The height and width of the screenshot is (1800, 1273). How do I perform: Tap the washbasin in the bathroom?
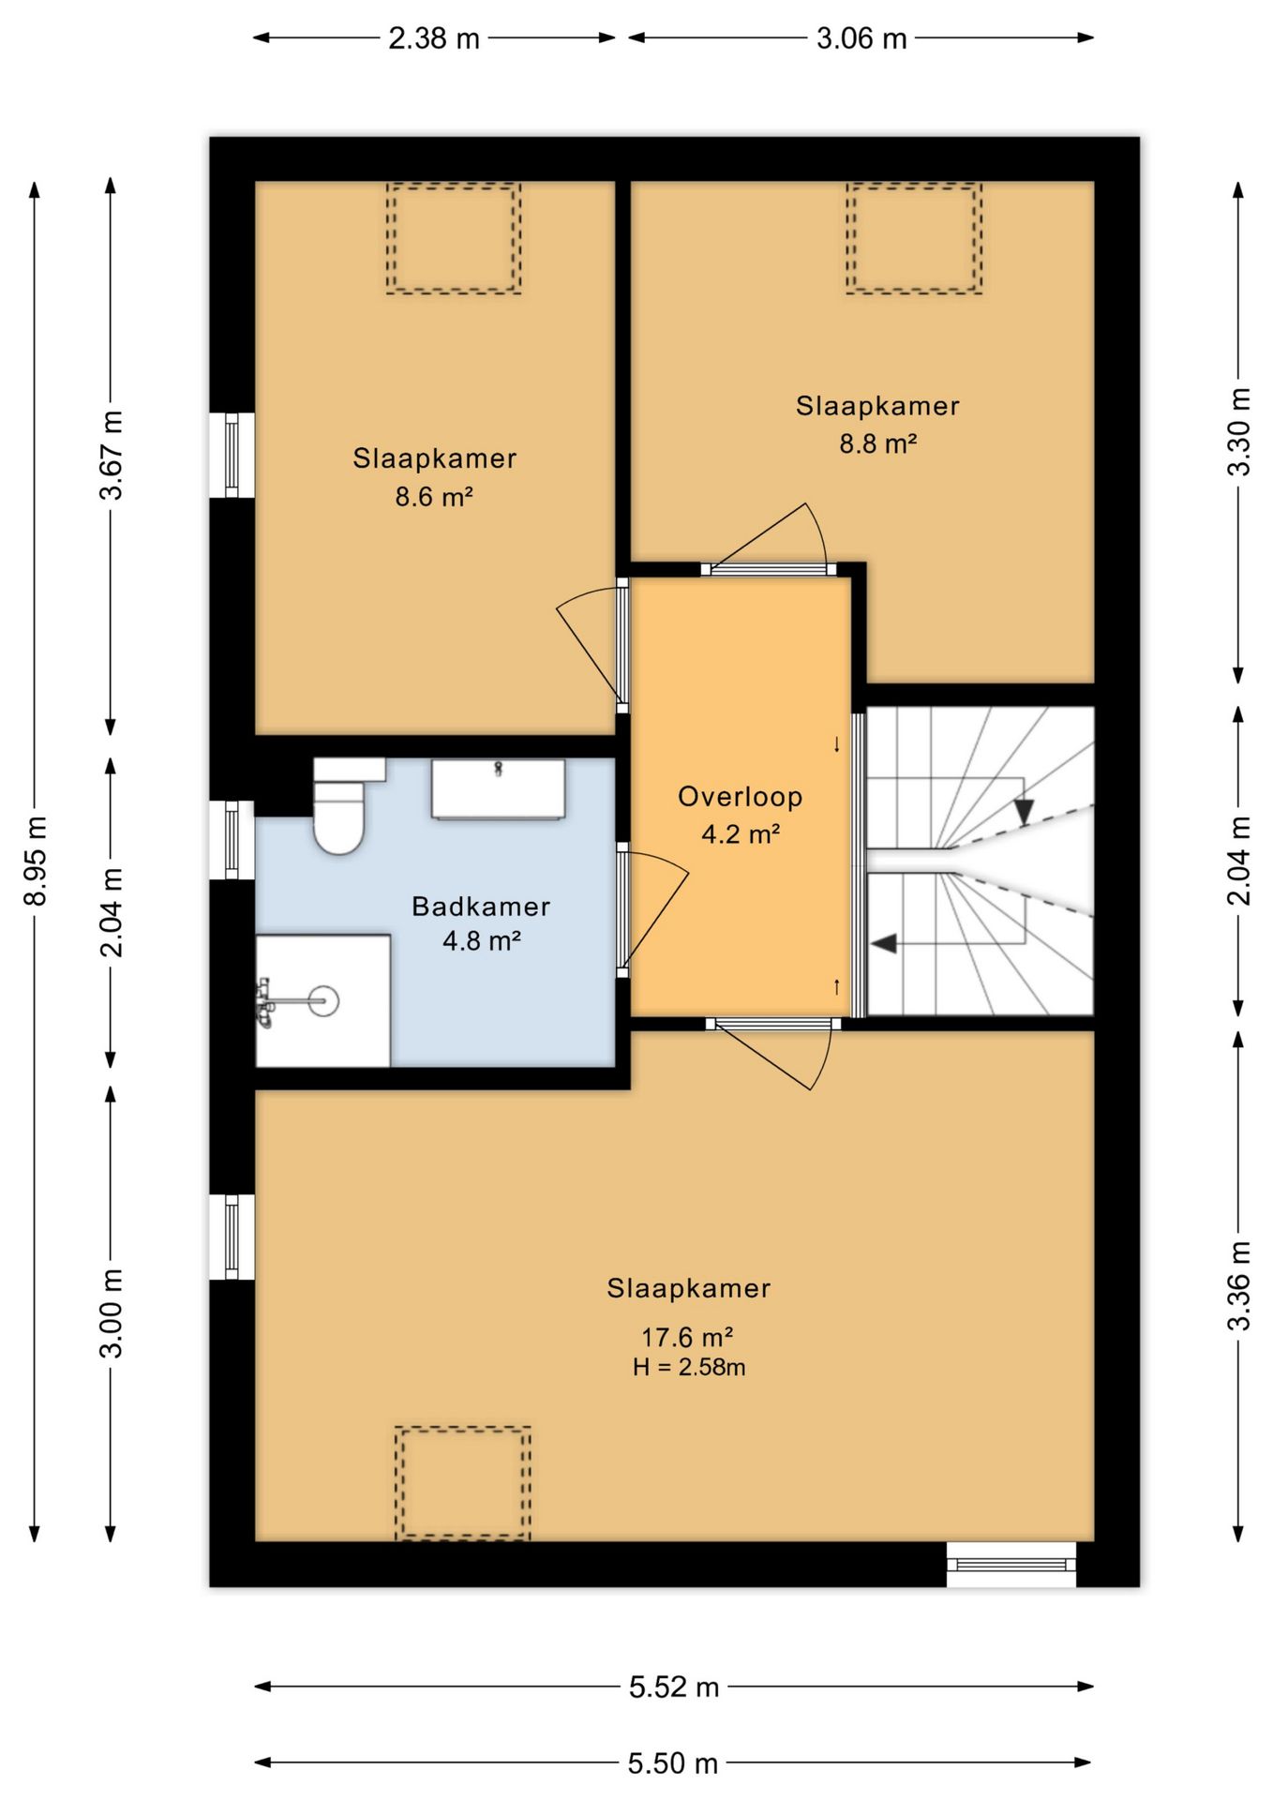[498, 788]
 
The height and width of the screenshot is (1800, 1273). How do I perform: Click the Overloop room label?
[741, 797]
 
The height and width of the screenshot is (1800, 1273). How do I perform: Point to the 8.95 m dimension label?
[36, 861]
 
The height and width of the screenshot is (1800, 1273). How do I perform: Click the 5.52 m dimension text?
[674, 1687]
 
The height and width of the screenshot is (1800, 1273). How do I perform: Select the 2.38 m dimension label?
[434, 38]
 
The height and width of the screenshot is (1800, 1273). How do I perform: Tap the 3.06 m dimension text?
[861, 38]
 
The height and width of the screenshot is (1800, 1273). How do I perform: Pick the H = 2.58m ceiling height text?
[689, 1367]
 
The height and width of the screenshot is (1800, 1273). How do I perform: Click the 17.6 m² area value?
[687, 1337]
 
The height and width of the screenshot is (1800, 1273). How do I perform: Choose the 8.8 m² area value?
[877, 443]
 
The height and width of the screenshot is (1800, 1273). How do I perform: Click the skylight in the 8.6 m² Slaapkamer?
[454, 239]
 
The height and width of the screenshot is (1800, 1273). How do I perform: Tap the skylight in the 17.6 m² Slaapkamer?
[463, 1483]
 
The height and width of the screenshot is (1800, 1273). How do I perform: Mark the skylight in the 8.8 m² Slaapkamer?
[914, 238]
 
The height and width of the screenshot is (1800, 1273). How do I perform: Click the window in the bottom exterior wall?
[1011, 1564]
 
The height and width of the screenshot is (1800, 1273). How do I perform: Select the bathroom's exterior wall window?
[232, 840]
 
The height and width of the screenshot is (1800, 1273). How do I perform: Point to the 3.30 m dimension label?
[1239, 432]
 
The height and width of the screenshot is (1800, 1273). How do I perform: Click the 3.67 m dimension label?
[112, 456]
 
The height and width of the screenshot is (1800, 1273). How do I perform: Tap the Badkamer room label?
[481, 907]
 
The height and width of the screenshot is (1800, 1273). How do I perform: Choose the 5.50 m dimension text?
[673, 1763]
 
